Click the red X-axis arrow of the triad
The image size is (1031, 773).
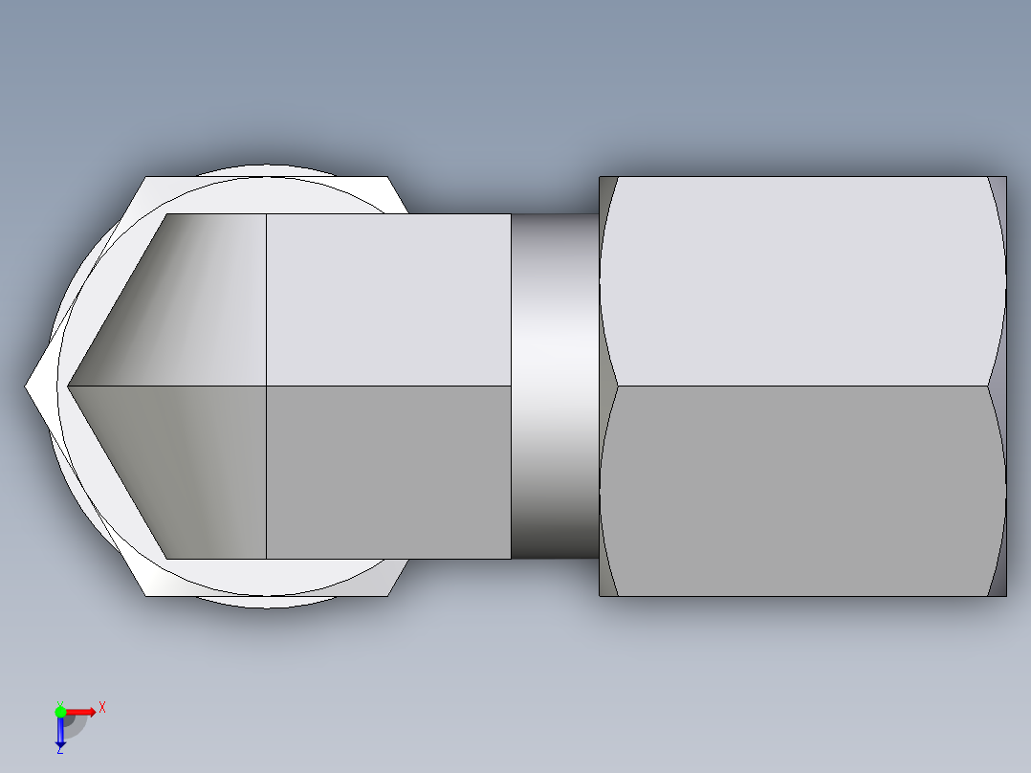[x=82, y=712]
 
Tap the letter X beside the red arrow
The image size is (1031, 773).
[x=101, y=707]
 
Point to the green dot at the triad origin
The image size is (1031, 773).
[x=60, y=711]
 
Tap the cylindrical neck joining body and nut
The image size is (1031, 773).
[x=554, y=386]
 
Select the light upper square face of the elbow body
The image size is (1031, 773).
[x=387, y=299]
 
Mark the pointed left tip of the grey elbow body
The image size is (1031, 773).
[x=70, y=386]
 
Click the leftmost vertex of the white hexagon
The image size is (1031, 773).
[x=27, y=386]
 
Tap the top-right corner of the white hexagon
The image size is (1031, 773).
[x=388, y=179]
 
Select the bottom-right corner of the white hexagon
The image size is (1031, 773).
[x=388, y=594]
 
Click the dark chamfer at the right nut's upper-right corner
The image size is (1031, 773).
[x=999, y=191]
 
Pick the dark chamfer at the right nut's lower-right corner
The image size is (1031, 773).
[x=999, y=582]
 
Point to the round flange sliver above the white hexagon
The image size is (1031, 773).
[x=268, y=171]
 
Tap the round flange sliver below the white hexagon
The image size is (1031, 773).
[x=268, y=602]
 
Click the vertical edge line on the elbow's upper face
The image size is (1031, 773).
[x=266, y=299]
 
